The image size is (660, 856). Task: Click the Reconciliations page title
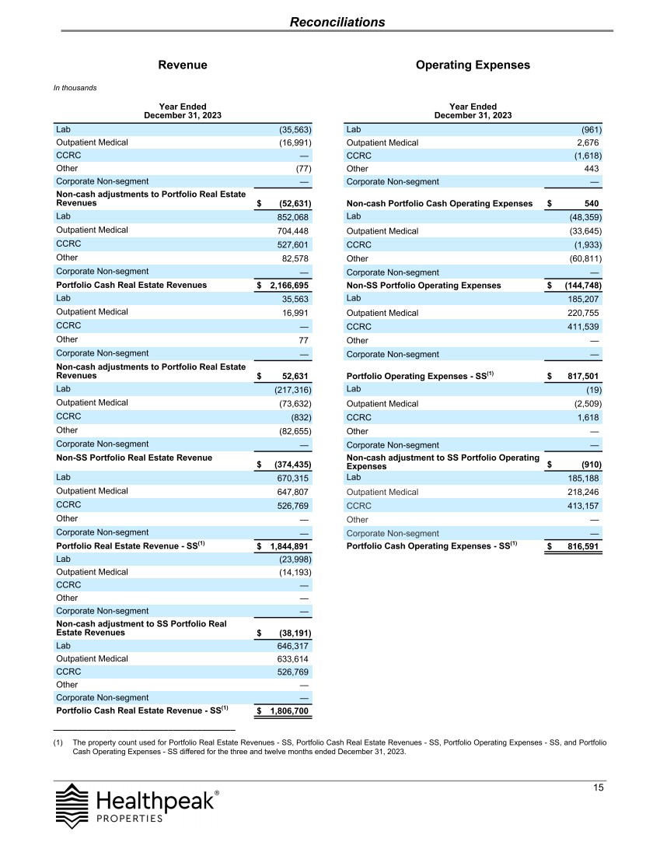pos(337,22)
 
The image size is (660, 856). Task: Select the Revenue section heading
pos(183,65)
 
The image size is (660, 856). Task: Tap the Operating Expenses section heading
pos(473,65)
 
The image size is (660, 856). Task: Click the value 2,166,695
pos(288,286)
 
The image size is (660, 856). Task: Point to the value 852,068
pos(292,216)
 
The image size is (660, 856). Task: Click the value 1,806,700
pos(288,711)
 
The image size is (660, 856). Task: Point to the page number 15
pos(598,788)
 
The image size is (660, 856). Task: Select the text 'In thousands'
pos(75,88)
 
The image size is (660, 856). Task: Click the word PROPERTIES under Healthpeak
pos(130,819)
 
